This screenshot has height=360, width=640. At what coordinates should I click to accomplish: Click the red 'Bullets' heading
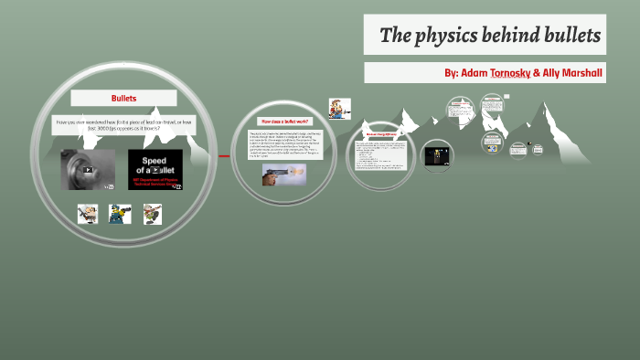[x=123, y=98]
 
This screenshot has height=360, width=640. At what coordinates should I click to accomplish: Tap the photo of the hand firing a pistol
[x=283, y=175]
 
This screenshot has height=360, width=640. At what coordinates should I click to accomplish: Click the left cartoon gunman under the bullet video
[x=88, y=215]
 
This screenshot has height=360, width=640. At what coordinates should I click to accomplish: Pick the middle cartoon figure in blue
[x=120, y=215]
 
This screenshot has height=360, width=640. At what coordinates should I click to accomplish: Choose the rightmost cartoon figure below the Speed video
[x=152, y=215]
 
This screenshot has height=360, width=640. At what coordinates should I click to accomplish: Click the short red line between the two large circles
[x=225, y=156]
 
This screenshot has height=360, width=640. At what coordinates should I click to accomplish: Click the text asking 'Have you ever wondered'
[x=123, y=125]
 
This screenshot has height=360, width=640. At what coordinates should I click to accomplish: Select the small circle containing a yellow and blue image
[x=494, y=140]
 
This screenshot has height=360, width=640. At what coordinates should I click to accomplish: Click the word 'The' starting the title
[x=393, y=37]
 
